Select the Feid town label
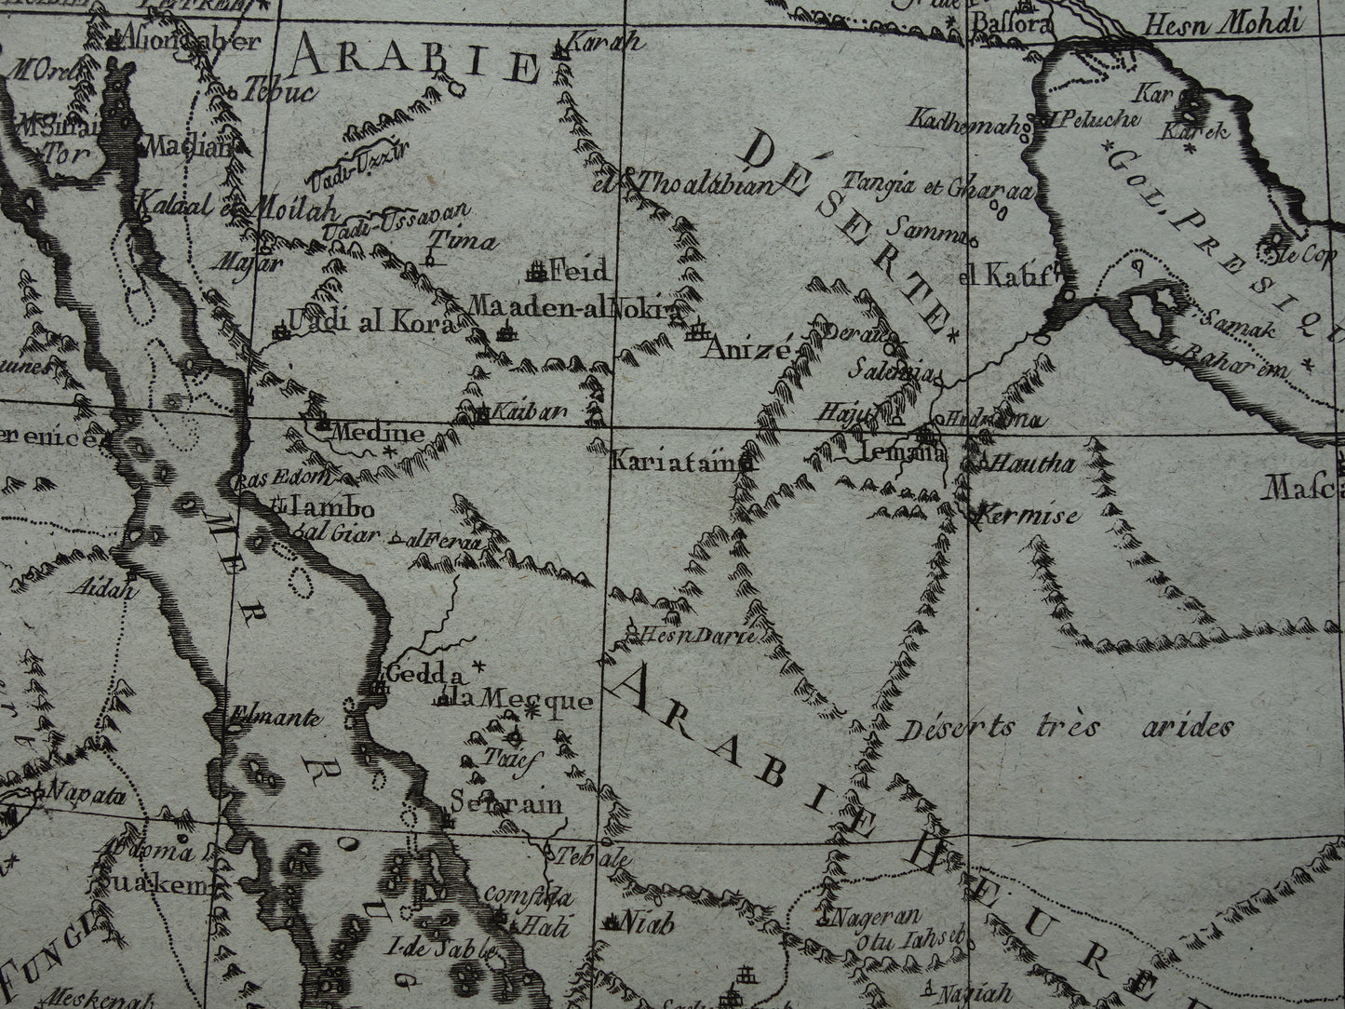[x=580, y=272]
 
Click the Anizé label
[x=746, y=350]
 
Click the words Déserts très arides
[x=1066, y=729]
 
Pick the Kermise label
[x=1026, y=514]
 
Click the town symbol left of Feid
[x=536, y=272]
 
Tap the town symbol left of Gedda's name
[x=378, y=687]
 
